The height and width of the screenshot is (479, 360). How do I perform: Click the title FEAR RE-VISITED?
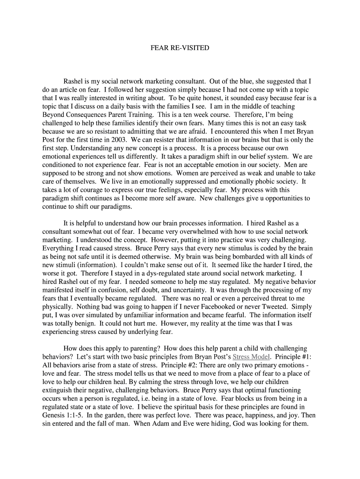point(180,48)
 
